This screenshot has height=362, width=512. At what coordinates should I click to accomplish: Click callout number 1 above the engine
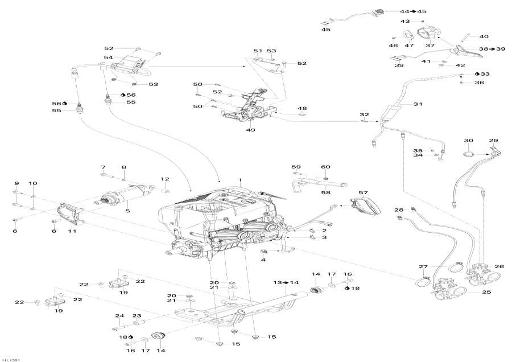click(241, 180)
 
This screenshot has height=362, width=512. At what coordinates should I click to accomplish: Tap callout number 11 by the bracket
click(72, 231)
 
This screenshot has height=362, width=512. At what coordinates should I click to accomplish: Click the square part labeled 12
click(165, 188)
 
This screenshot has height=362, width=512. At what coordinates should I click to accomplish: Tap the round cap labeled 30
click(468, 154)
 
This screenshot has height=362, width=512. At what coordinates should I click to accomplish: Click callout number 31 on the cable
click(418, 104)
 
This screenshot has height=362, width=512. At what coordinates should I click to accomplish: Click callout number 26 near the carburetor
click(499, 266)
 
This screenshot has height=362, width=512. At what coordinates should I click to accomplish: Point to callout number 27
click(423, 266)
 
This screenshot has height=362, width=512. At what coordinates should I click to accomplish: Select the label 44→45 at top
click(412, 11)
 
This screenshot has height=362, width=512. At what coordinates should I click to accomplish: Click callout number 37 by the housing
click(430, 46)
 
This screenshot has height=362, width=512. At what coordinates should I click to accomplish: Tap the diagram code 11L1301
click(11, 359)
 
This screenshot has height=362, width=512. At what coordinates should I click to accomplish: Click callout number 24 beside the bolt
click(119, 316)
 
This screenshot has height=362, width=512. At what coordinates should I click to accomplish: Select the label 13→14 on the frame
click(286, 282)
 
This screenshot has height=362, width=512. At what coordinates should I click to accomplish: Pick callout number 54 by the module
click(109, 58)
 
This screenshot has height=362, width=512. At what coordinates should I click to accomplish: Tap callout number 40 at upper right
click(484, 36)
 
